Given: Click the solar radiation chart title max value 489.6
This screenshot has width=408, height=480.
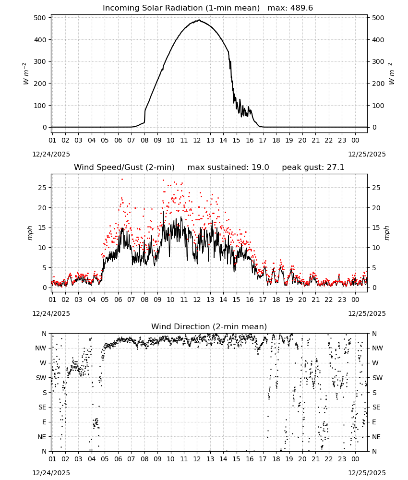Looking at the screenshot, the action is pyautogui.click(x=301, y=8).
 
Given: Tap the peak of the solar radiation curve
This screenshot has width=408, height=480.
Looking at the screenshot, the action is pyautogui.click(x=199, y=20).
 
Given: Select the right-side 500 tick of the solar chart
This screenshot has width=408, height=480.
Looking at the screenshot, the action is pyautogui.click(x=378, y=18).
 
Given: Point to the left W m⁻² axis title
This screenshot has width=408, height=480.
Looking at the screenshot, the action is pyautogui.click(x=26, y=74).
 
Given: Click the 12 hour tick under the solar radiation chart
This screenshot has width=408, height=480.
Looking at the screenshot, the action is pyautogui.click(x=197, y=141).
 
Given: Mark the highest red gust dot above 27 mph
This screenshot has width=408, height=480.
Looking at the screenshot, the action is pyautogui.click(x=122, y=180).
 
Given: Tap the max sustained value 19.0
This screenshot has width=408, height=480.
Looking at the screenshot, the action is pyautogui.click(x=261, y=167).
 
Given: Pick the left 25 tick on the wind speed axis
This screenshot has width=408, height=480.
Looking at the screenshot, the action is pyautogui.click(x=42, y=188).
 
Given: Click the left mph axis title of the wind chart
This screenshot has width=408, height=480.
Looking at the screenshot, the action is pyautogui.click(x=30, y=233).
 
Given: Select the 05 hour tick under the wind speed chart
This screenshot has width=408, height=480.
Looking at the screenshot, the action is pyautogui.click(x=105, y=300).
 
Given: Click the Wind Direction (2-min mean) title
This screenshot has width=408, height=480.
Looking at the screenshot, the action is pyautogui.click(x=209, y=326).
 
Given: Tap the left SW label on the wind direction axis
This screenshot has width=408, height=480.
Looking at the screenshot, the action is pyautogui.click(x=41, y=378).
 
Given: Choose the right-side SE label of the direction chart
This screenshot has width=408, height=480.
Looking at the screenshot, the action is pyautogui.click(x=376, y=407).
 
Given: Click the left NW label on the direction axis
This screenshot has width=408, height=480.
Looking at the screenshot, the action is pyautogui.click(x=41, y=348).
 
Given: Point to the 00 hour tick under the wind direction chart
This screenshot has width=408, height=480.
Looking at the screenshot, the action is pyautogui.click(x=355, y=459).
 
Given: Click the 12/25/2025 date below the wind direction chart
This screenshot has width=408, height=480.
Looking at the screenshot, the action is pyautogui.click(x=367, y=473).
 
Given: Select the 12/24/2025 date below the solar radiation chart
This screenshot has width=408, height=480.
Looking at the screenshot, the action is pyautogui.click(x=51, y=154).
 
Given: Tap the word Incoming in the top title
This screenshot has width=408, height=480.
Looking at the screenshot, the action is pyautogui.click(x=117, y=8).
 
